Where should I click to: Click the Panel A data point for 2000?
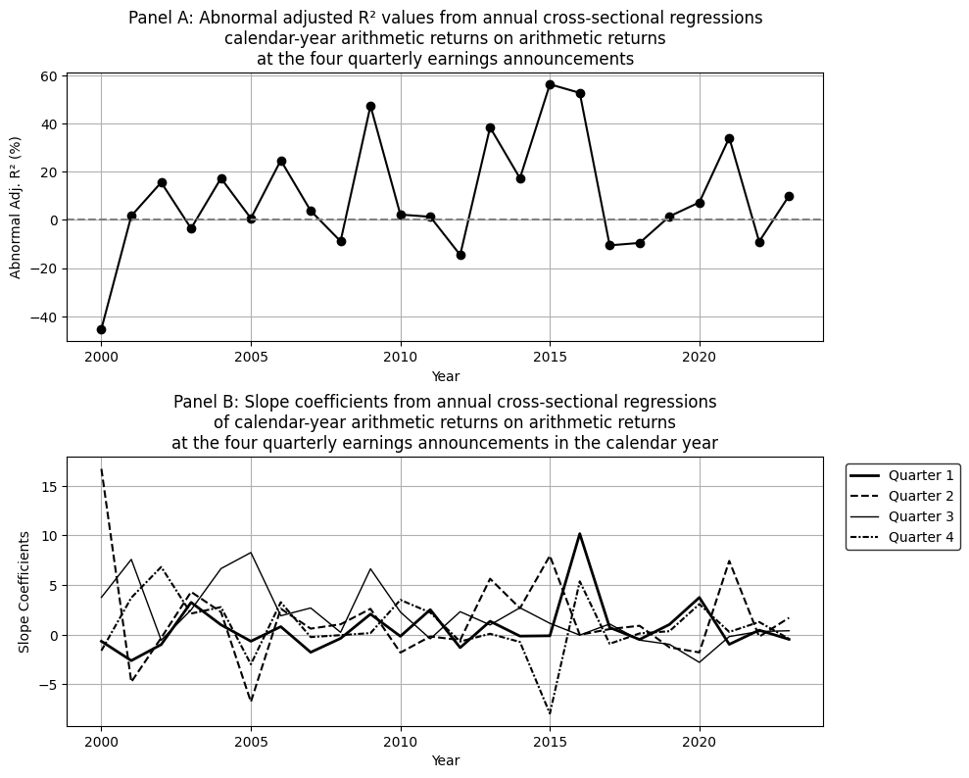coord(101,329)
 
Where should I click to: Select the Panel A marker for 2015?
coord(550,84)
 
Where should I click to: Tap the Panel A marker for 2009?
coord(370,106)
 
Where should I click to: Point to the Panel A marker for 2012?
coord(460,255)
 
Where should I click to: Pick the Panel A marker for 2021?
coord(729,138)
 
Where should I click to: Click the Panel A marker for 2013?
coord(490,127)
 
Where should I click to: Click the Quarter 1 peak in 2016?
coord(580,534)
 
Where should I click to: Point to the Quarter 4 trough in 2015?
coord(550,713)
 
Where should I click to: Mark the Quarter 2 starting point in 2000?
coord(101,468)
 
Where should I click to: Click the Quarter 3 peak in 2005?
coord(251,553)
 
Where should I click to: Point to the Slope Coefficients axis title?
coord(24,592)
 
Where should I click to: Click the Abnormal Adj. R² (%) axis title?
coord(17,207)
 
